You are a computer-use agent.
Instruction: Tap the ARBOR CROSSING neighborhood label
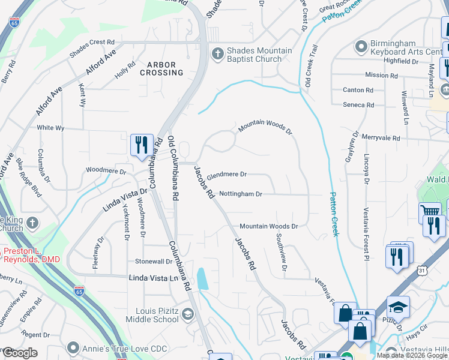(x=161, y=68)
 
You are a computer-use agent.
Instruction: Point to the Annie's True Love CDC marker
(x=73, y=347)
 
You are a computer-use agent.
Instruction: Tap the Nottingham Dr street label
(x=241, y=194)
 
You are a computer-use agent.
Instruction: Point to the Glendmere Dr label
(x=226, y=175)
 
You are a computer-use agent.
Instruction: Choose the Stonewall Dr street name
(x=154, y=262)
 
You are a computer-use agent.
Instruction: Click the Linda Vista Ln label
(x=154, y=278)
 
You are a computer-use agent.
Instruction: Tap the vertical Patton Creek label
(x=334, y=214)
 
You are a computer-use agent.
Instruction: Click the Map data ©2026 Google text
(x=412, y=355)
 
